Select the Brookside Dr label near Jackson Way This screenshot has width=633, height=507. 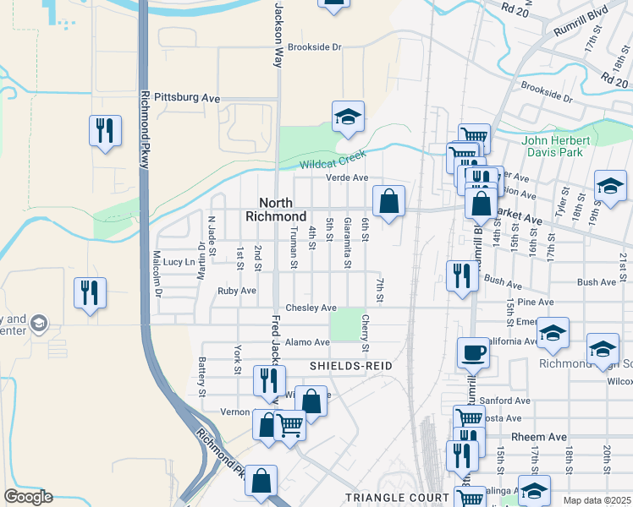(313, 47)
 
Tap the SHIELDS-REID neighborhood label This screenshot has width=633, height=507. (342, 366)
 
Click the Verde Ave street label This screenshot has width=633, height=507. (348, 177)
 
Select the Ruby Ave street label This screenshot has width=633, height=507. (236, 291)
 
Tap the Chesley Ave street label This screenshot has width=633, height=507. (311, 308)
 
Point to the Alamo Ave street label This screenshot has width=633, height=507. (307, 342)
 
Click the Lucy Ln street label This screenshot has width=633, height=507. (179, 262)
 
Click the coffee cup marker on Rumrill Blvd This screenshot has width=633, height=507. (473, 352)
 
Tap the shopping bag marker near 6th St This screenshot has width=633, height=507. (388, 201)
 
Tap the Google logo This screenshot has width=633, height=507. (28, 497)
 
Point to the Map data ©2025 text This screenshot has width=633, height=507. (597, 500)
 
